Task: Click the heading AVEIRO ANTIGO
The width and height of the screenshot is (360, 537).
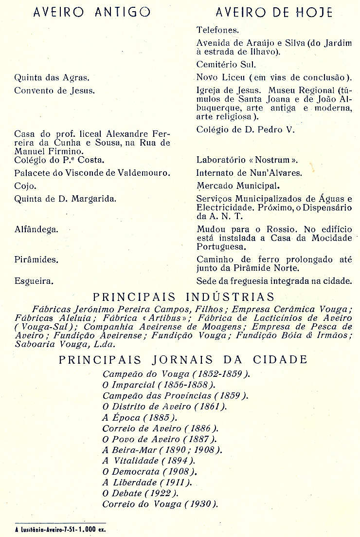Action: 91,12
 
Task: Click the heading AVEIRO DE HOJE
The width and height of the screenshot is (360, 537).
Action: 273,12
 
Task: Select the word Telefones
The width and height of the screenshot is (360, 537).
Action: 217,30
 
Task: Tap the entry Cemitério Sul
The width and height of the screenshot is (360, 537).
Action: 226,64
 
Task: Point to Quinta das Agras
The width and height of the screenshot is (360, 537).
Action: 52,77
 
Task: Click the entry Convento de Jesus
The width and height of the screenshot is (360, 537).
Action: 54,91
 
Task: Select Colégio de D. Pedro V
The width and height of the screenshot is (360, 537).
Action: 246,130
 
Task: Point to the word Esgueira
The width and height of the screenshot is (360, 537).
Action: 34,281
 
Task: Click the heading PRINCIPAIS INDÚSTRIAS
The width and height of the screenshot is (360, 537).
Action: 183,297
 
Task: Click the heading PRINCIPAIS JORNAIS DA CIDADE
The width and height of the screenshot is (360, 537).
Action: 183,360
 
